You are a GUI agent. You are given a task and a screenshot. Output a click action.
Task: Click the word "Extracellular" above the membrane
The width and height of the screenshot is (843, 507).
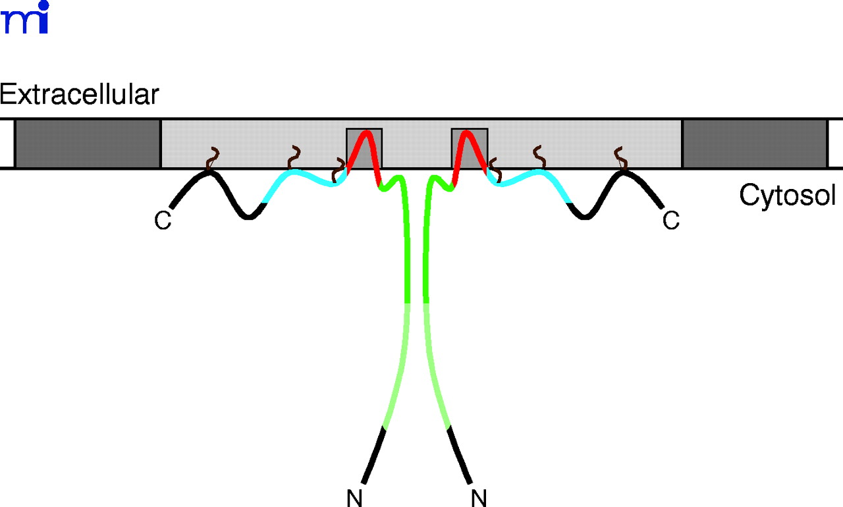[x=80, y=95]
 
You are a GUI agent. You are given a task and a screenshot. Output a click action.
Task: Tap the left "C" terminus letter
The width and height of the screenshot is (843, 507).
[x=163, y=221]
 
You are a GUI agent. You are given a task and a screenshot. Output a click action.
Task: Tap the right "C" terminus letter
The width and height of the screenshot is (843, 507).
[x=671, y=221]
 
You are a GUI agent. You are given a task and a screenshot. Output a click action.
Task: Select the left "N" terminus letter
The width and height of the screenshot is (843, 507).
[x=354, y=498]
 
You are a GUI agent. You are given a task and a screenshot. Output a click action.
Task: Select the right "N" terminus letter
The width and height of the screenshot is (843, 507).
[x=479, y=498]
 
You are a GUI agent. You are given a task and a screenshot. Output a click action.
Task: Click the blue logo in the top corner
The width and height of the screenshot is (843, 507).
[x=25, y=17]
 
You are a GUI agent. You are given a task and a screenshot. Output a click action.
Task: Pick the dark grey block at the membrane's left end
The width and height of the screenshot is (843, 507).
[x=88, y=144]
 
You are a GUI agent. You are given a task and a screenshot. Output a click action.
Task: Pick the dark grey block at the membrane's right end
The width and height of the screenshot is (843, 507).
[x=755, y=144]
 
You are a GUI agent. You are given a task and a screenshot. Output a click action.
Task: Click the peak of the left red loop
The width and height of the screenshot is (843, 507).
[x=365, y=132]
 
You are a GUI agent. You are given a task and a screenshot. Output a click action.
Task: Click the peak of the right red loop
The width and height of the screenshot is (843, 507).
[x=466, y=132]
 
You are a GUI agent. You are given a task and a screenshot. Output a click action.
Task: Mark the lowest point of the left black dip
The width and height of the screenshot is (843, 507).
[x=248, y=217]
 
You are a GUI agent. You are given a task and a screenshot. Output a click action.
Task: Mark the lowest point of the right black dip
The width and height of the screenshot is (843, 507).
[x=584, y=217]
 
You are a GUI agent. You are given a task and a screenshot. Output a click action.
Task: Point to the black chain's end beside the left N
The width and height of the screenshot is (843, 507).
[x=364, y=483]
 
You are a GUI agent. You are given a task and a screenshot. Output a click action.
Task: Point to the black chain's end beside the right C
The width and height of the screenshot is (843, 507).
[x=662, y=207]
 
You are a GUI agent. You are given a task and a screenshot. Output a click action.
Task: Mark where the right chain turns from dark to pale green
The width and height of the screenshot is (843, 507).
[x=426, y=303]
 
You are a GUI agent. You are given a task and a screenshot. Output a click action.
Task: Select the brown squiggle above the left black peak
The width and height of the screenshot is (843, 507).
[x=213, y=159]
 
